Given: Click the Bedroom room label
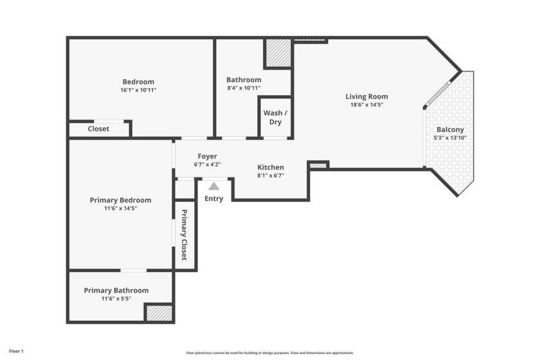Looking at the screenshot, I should (x=138, y=82).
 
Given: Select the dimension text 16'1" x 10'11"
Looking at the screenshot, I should (x=138, y=90).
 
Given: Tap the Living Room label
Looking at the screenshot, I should (x=368, y=96).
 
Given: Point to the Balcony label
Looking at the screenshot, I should (x=450, y=129).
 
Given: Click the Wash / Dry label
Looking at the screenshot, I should (x=275, y=118).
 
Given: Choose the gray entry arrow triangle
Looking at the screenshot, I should (x=213, y=186).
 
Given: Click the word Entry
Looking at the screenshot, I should (x=213, y=199).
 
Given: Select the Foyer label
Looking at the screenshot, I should (x=207, y=156).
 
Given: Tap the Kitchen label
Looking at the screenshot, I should (x=271, y=167).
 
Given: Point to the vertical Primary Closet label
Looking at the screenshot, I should (x=184, y=235).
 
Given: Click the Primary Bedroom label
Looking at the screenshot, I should (x=120, y=200).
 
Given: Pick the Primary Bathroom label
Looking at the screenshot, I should (x=116, y=291).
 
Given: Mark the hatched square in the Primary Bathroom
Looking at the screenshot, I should (x=159, y=312).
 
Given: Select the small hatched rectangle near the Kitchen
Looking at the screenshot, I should (x=318, y=165).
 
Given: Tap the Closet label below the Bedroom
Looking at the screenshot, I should (x=98, y=129).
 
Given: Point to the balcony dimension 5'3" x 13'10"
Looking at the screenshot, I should (x=450, y=138).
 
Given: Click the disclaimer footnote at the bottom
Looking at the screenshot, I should (x=270, y=353).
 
